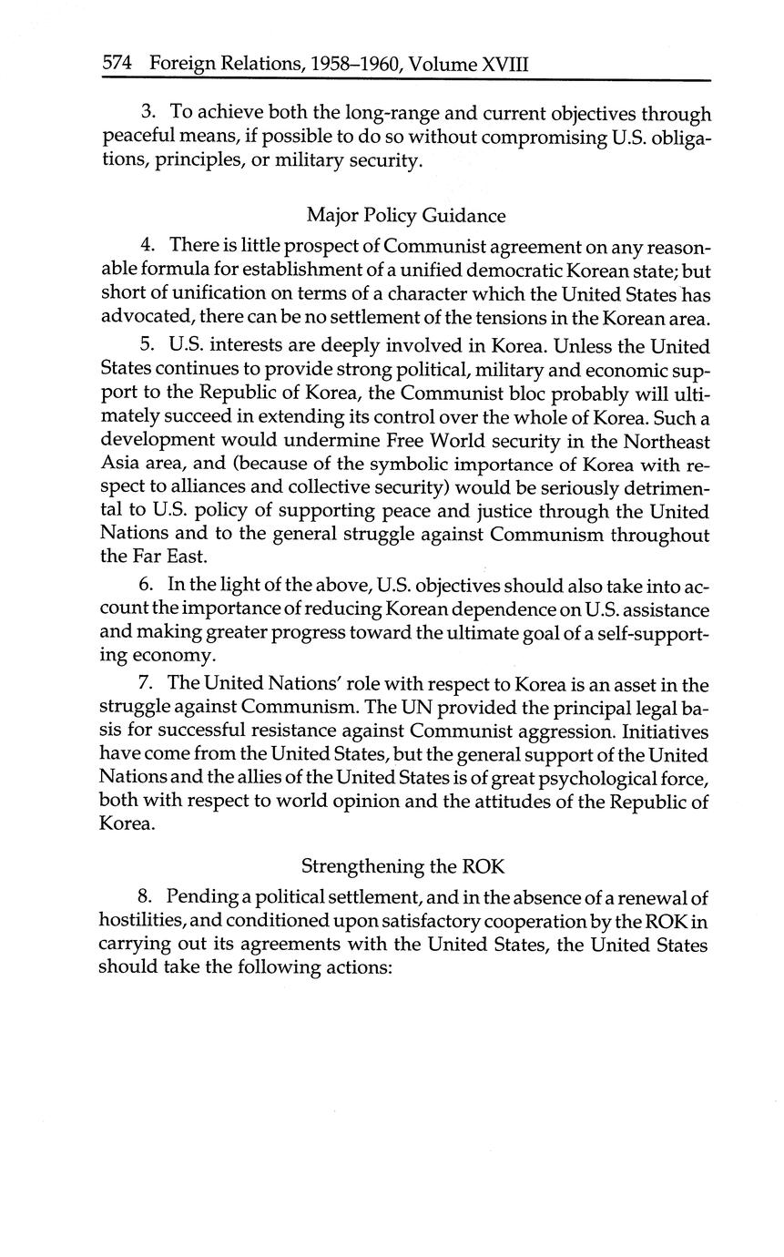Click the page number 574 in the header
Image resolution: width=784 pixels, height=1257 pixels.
click(x=118, y=64)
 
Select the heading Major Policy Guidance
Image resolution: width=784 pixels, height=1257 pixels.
click(x=405, y=216)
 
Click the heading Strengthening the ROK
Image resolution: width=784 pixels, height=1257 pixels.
click(x=402, y=865)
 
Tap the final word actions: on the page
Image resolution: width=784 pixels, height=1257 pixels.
click(x=358, y=968)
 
